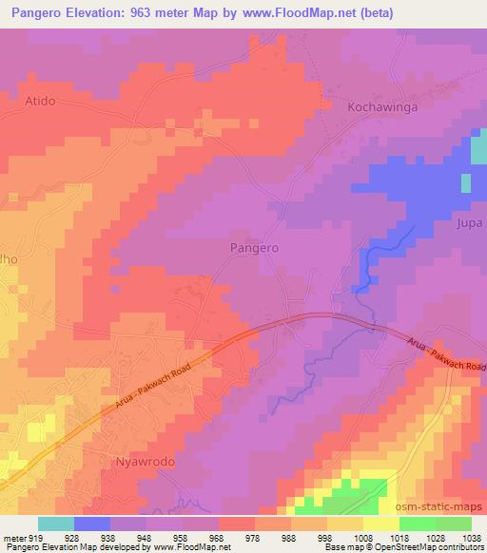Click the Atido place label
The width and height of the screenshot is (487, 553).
tap(41, 100)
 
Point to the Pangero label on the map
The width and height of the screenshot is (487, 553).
tap(254, 246)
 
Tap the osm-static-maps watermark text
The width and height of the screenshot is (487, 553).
tap(438, 505)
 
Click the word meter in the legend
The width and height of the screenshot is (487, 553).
tap(12, 538)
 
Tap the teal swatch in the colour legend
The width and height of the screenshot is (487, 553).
tap(56, 524)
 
